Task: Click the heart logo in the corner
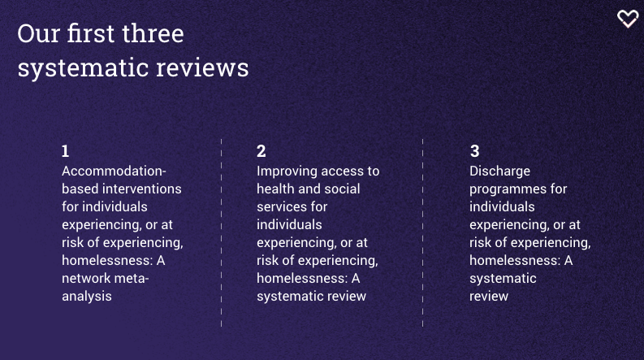click(x=628, y=19)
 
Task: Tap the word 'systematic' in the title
click(x=83, y=68)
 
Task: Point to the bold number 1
click(x=65, y=151)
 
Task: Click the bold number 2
click(x=261, y=151)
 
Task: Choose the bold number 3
click(x=475, y=151)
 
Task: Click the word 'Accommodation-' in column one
click(x=114, y=171)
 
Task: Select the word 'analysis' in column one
click(x=87, y=297)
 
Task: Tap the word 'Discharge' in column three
click(x=499, y=171)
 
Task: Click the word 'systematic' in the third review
click(x=503, y=279)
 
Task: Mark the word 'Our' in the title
click(x=39, y=33)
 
